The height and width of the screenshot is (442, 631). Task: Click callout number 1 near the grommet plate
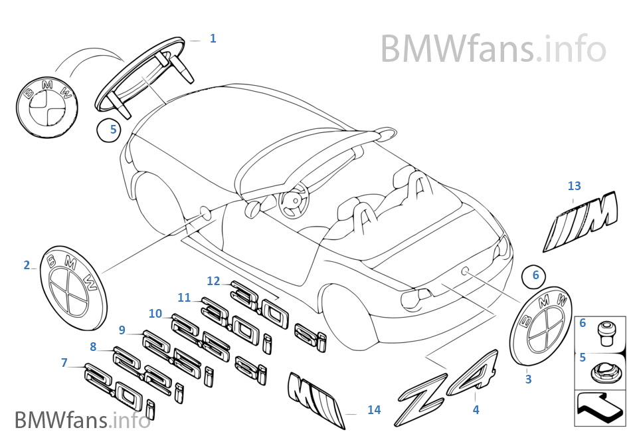213,39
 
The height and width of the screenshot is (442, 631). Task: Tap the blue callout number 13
575,185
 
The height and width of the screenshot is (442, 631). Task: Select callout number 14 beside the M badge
374,410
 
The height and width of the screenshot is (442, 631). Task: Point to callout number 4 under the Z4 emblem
476,410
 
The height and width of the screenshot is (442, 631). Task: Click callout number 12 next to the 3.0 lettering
213,281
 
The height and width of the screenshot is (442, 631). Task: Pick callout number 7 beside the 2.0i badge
64,363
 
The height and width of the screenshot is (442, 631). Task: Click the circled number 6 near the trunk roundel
536,273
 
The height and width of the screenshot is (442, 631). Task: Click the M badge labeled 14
316,396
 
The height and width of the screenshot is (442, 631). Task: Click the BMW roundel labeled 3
541,326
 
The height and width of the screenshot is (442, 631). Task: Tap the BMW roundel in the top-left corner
45,110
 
